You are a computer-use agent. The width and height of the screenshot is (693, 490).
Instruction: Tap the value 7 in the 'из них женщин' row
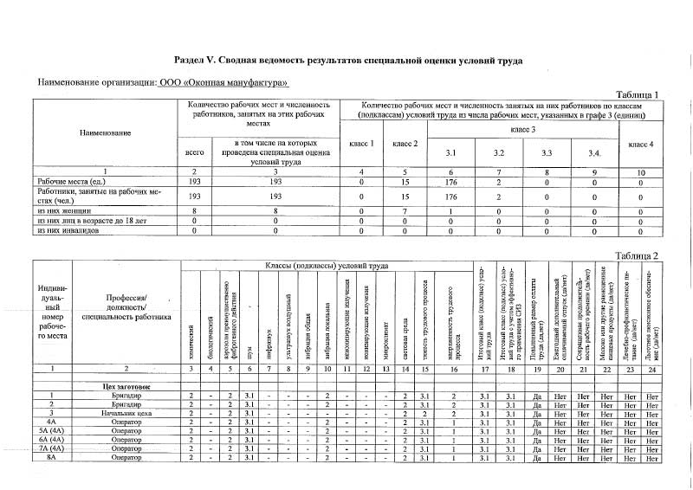point(405,210)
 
